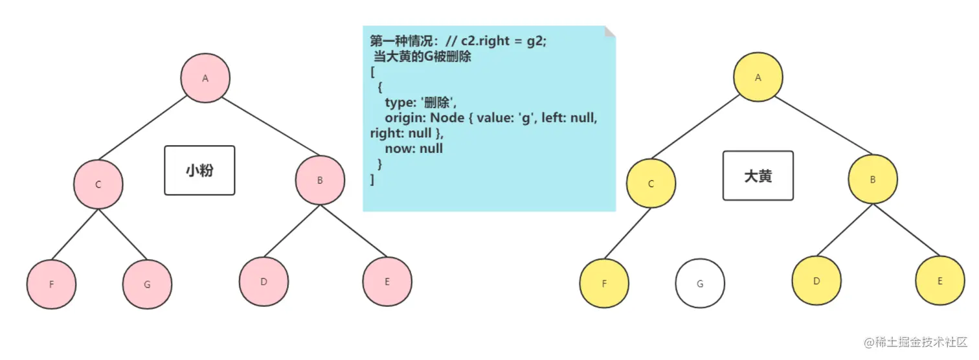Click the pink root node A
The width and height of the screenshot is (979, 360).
[205, 78]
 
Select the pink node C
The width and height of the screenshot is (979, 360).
[98, 185]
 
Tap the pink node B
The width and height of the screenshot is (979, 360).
[320, 181]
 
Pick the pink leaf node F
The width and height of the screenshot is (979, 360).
[52, 285]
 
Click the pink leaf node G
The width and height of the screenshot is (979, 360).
[148, 285]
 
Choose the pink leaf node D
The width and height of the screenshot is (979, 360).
[264, 282]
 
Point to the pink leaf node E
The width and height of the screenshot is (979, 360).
[387, 282]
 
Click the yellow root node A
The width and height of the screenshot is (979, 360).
[758, 77]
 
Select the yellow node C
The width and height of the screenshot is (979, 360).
[651, 184]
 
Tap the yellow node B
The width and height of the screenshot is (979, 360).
[873, 180]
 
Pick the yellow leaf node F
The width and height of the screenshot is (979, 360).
[604, 284]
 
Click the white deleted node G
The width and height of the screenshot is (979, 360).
[700, 284]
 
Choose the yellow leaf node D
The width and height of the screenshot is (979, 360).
[816, 281]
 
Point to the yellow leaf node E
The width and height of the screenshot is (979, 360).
[940, 281]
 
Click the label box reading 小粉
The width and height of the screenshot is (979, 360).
[199, 170]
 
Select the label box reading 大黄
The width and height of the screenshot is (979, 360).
[758, 175]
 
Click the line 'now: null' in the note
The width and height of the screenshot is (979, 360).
[414, 148]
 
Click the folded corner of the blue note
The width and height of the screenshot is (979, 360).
[609, 32]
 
